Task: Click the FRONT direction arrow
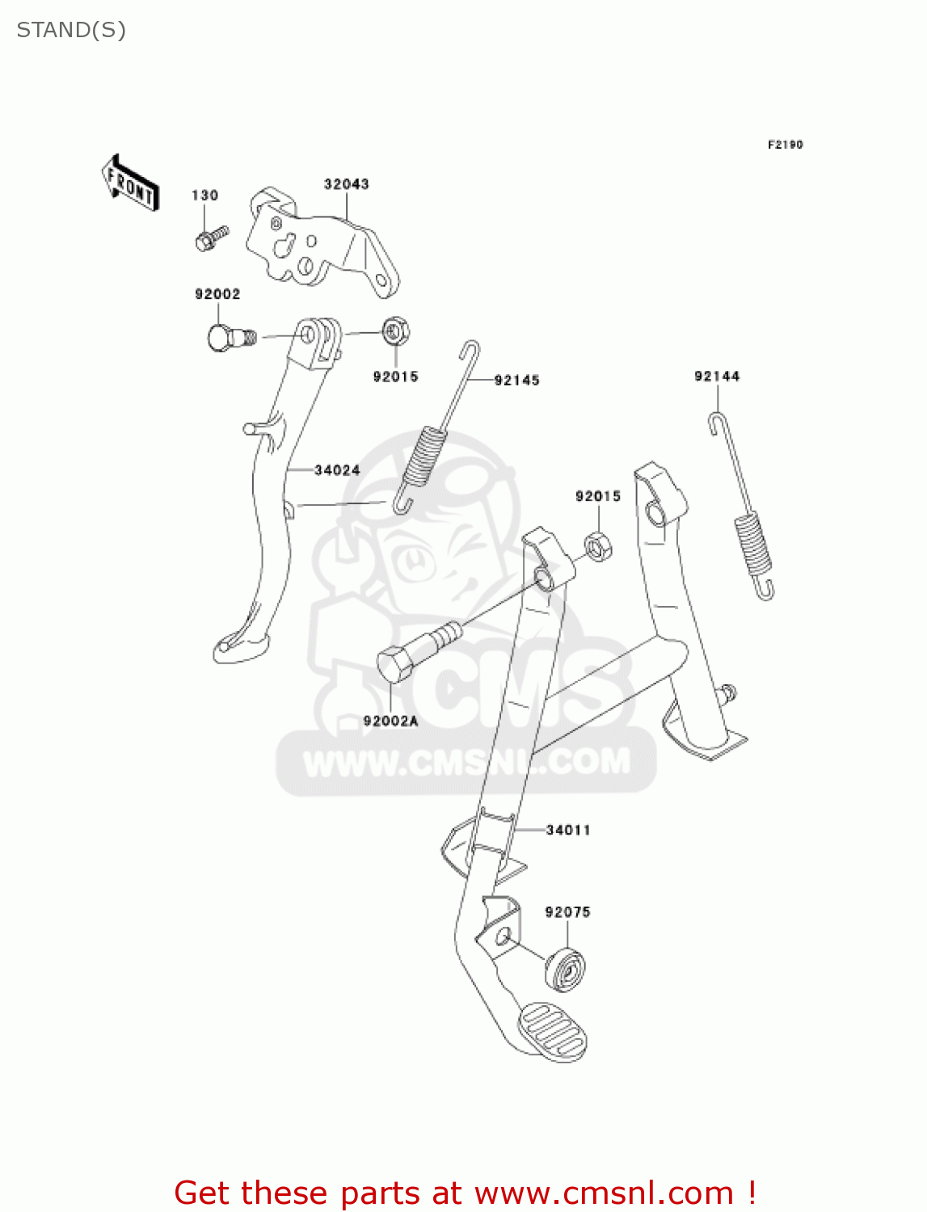pyautogui.click(x=130, y=183)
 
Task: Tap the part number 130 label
pyautogui.click(x=204, y=196)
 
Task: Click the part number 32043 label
pyautogui.click(x=346, y=184)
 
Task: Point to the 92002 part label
pyautogui.click(x=217, y=294)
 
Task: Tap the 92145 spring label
pyautogui.click(x=516, y=381)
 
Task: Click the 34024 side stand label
pyautogui.click(x=337, y=470)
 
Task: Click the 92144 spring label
pyautogui.click(x=717, y=376)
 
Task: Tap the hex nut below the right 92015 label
pyautogui.click(x=597, y=548)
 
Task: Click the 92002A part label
pyautogui.click(x=390, y=721)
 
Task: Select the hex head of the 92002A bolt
pyautogui.click(x=396, y=665)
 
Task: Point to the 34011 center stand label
pyautogui.click(x=568, y=830)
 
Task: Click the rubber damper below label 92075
pyautogui.click(x=566, y=968)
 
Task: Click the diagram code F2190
pyautogui.click(x=785, y=145)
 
